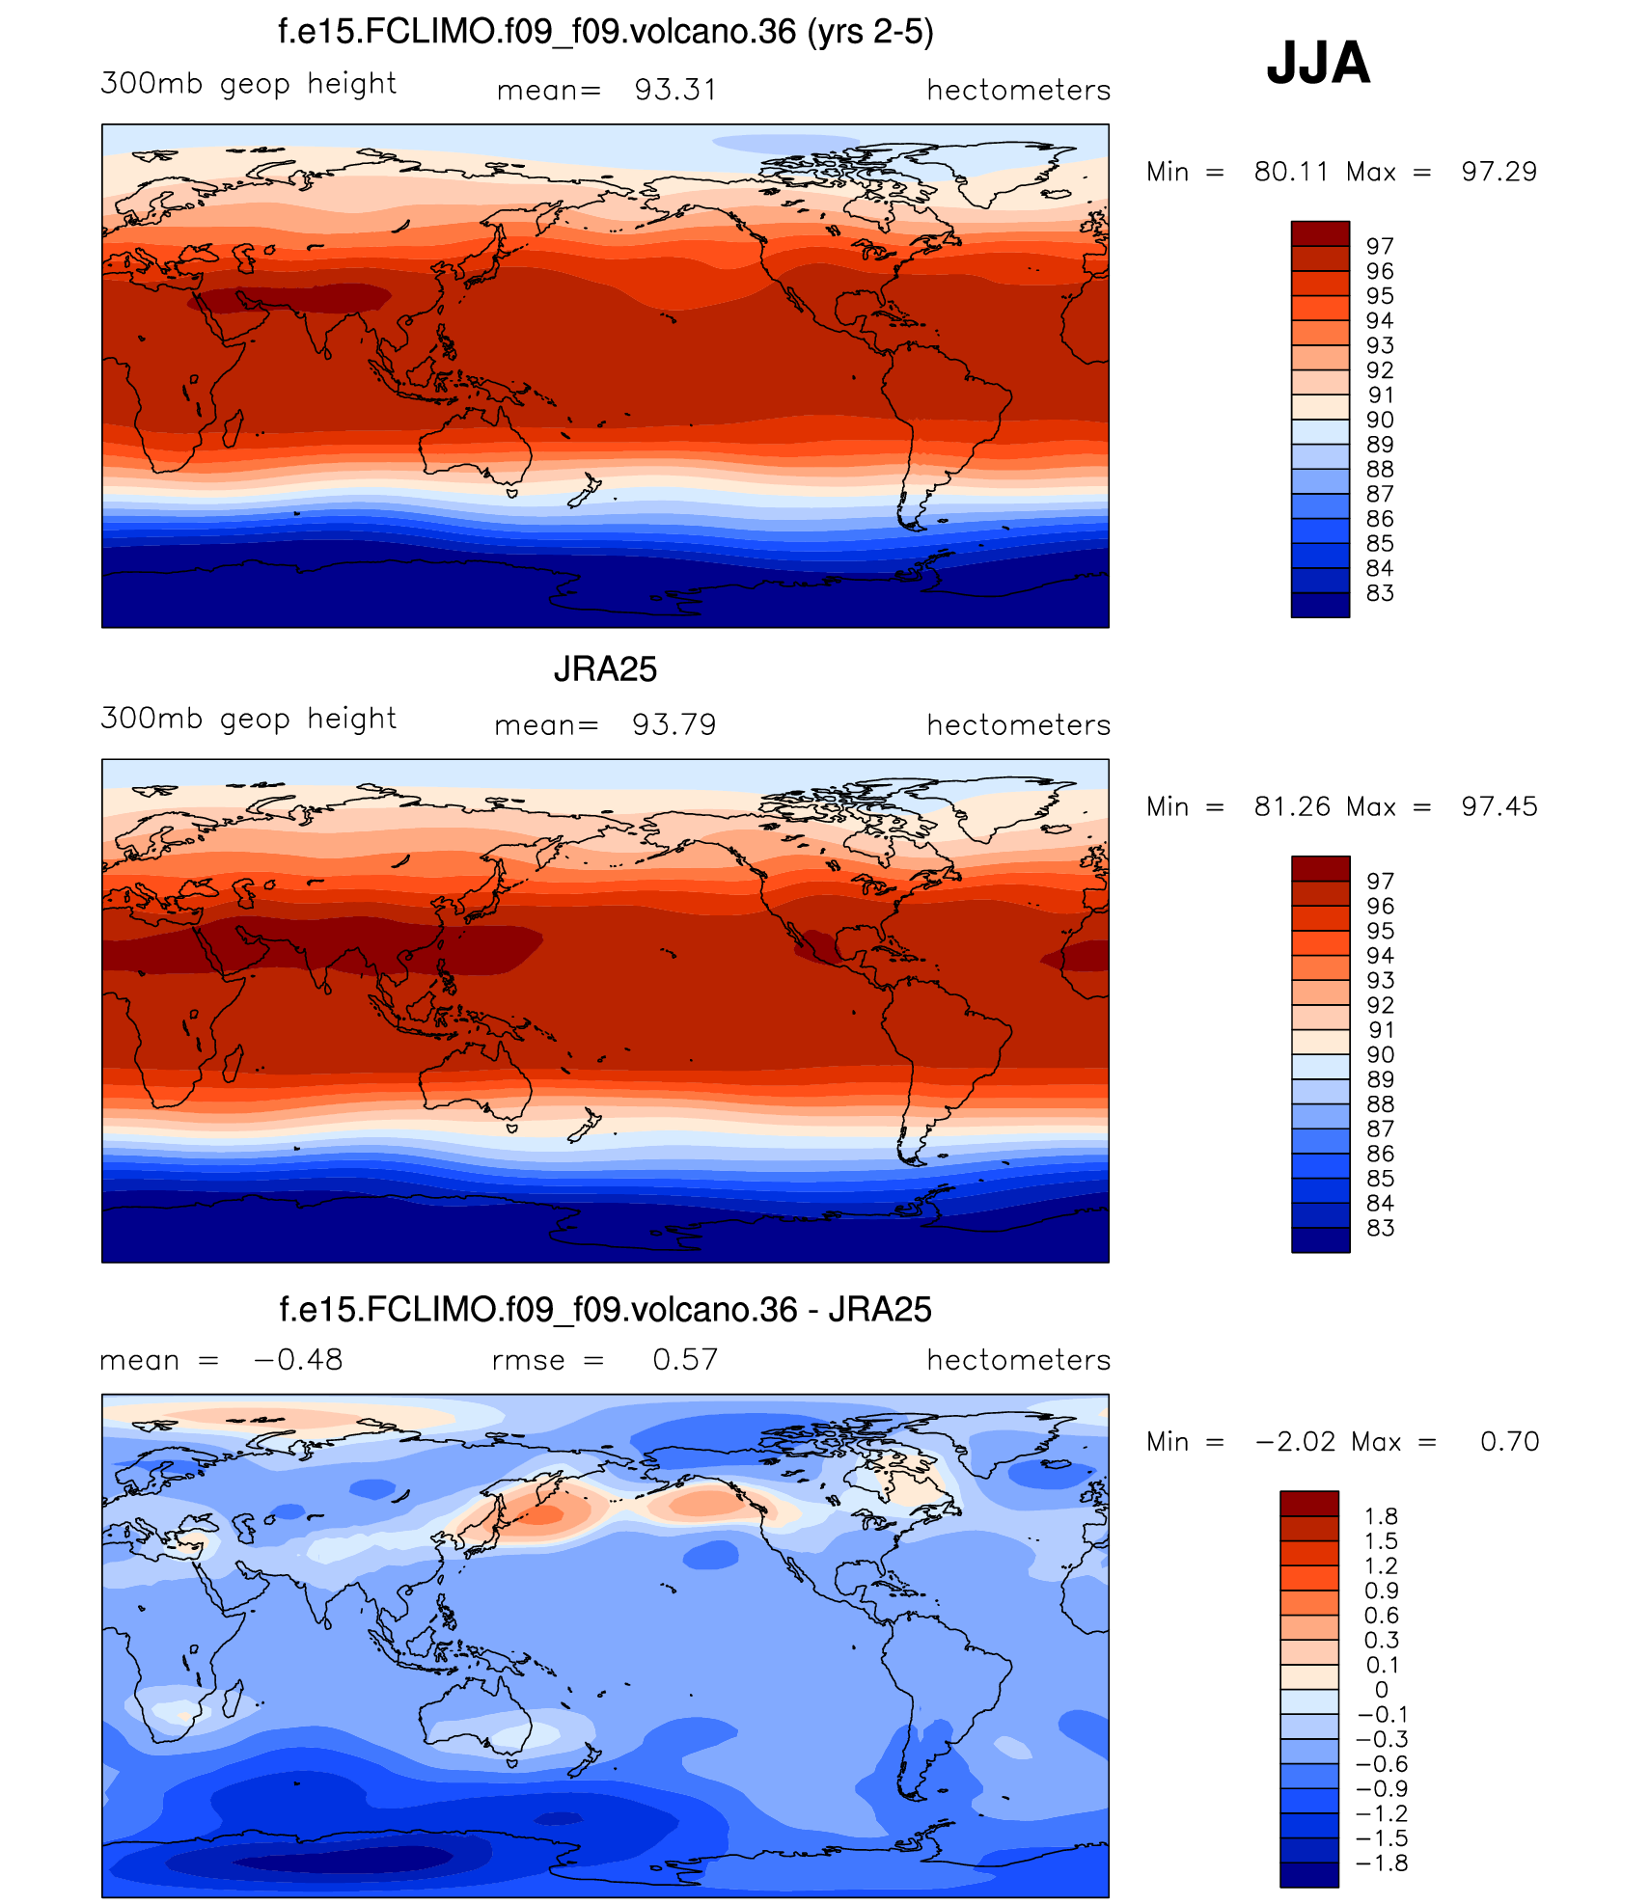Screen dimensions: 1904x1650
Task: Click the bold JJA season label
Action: click(x=1318, y=64)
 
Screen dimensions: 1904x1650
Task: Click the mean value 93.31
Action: click(x=675, y=90)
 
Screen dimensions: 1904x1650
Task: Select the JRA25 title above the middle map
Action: click(x=605, y=669)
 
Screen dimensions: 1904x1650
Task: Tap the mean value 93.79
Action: click(x=674, y=724)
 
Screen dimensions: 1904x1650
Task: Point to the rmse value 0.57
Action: click(x=685, y=1359)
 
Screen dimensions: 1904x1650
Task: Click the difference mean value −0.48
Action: click(x=297, y=1359)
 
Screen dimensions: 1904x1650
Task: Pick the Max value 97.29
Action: click(x=1499, y=172)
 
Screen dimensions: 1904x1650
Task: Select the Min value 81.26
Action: click(x=1292, y=806)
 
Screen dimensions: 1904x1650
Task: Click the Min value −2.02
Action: click(x=1295, y=1441)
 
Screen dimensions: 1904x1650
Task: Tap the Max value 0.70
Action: click(x=1509, y=1441)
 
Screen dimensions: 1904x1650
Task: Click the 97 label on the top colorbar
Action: click(x=1380, y=246)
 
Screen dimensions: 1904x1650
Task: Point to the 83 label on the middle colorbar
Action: click(x=1380, y=1228)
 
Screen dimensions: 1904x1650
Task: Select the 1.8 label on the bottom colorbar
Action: click(x=1381, y=1516)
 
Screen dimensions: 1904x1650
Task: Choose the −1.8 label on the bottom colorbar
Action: click(x=1382, y=1863)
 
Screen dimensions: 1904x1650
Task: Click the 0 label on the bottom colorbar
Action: click(x=1381, y=1690)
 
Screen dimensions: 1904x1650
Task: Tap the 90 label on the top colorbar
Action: click(x=1380, y=420)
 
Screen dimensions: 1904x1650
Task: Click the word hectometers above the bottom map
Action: click(x=1018, y=1359)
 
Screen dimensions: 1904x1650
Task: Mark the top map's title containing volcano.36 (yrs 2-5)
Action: click(x=605, y=32)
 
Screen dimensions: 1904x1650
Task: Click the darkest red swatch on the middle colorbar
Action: click(x=1320, y=868)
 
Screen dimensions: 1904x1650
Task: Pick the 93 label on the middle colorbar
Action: click(x=1380, y=980)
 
